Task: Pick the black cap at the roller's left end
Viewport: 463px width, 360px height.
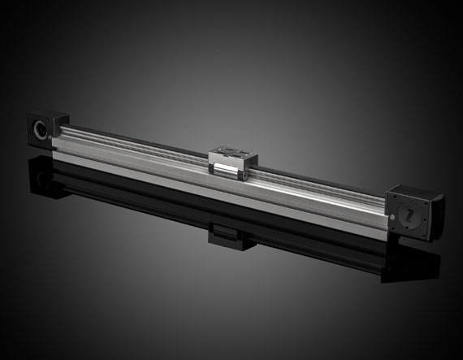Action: point(214,167)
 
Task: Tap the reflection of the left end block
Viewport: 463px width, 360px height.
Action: point(41,175)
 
